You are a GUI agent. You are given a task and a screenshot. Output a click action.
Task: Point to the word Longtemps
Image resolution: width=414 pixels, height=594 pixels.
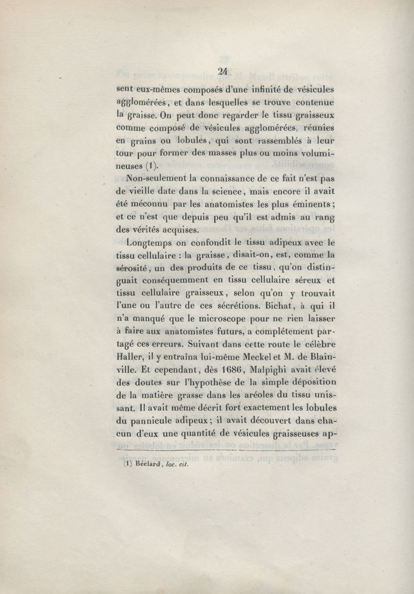[x=146, y=242]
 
